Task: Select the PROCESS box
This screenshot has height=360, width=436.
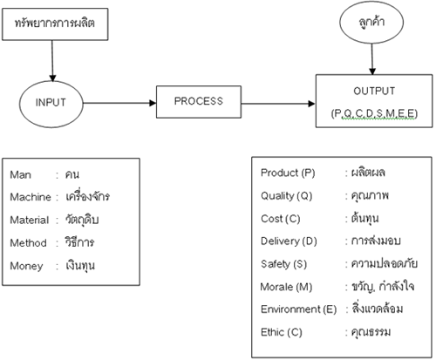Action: tap(199, 102)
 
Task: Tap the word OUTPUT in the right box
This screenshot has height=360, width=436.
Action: tap(374, 91)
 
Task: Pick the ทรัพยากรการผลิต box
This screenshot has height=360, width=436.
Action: tap(55, 24)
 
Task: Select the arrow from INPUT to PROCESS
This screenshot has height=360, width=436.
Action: tap(119, 103)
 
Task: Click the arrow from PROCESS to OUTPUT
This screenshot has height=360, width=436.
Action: tap(278, 104)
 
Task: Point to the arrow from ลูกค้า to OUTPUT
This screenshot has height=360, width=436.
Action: tap(372, 59)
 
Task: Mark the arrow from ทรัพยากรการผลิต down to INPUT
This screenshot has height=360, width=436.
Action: tap(52, 61)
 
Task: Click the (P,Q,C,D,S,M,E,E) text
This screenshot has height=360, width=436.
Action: tap(374, 113)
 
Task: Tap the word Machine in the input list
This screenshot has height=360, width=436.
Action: tap(31, 197)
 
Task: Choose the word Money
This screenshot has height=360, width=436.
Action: tap(26, 266)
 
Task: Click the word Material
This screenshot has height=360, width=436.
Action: tap(30, 220)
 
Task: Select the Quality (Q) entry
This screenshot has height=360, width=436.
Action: tap(286, 196)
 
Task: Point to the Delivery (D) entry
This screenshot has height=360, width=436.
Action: tap(289, 241)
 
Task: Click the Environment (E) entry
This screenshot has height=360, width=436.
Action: tap(298, 309)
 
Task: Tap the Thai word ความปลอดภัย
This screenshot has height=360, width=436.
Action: tap(385, 263)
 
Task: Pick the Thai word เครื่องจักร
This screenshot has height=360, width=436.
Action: tap(87, 196)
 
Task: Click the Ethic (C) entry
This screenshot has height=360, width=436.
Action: tap(282, 332)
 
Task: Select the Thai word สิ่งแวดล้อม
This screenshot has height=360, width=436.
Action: tap(378, 309)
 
